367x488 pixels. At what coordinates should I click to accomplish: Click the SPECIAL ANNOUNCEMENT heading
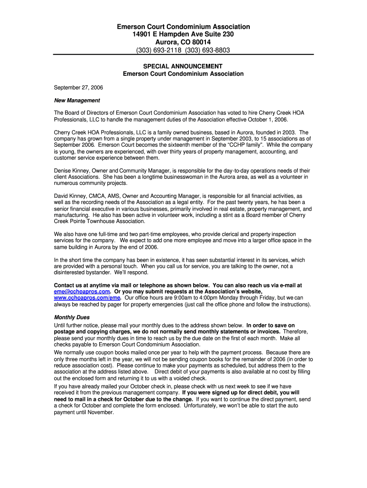(x=183, y=66)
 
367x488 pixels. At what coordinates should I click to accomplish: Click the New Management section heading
(x=77, y=101)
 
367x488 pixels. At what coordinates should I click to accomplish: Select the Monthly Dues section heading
(x=72, y=317)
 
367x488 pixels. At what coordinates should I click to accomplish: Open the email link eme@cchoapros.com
(x=82, y=292)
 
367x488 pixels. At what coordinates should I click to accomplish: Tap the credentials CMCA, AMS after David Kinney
(x=104, y=196)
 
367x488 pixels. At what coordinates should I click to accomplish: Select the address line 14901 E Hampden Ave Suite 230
(x=183, y=34)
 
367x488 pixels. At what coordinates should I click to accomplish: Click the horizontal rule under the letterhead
(x=183, y=55)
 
